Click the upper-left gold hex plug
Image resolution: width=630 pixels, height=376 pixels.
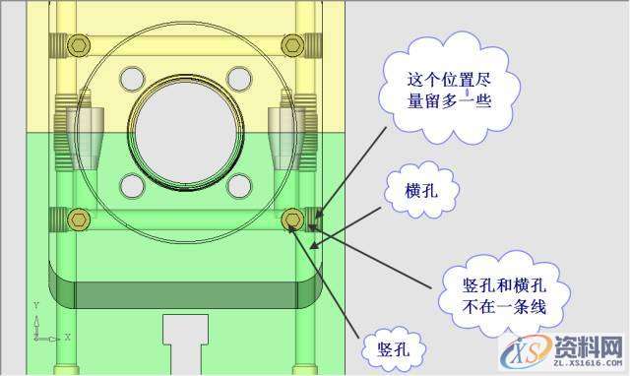tap(79, 45)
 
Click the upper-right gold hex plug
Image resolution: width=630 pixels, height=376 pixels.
tap(291, 45)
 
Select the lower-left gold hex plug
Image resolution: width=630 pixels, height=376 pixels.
tap(79, 218)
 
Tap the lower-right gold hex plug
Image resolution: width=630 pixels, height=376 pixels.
tap(291, 218)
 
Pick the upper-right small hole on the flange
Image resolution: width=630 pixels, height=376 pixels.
tap(238, 77)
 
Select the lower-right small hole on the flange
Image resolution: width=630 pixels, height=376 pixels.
tap(238, 183)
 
